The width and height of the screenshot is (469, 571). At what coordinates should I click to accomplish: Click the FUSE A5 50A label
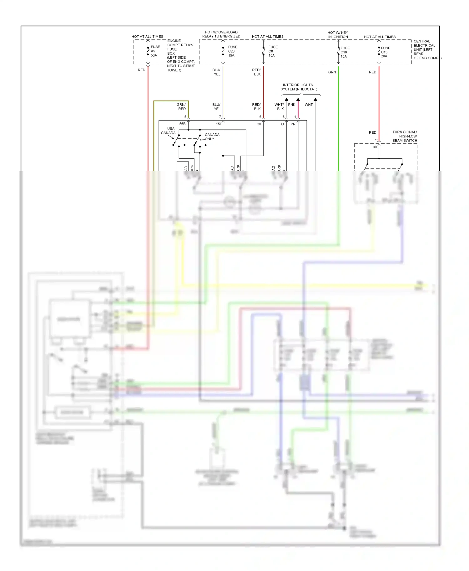pos(155,51)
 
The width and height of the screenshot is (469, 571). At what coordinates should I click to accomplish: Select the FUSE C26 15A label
pos(232,51)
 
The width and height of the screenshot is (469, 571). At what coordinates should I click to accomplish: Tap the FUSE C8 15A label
pos(273,51)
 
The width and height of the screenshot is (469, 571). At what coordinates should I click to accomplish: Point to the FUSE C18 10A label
pos(345,52)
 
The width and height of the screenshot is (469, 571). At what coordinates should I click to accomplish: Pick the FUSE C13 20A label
pos(385,52)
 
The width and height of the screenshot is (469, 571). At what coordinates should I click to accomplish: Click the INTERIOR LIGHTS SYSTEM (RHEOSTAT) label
pos(298,87)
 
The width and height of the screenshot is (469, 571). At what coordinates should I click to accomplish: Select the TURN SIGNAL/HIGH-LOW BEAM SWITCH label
pos(405,136)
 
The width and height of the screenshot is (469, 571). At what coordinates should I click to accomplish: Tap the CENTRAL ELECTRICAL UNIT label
pos(426,50)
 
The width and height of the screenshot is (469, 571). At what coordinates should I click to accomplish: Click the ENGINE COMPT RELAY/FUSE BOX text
pos(180,55)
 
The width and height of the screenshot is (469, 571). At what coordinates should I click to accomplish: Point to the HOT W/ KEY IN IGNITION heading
pos(338,35)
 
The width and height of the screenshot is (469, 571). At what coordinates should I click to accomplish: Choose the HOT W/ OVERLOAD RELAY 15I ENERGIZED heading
pos(221,34)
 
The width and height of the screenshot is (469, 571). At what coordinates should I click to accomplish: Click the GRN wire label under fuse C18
pos(332,72)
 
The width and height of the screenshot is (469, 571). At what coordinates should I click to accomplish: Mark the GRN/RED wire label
pos(182,107)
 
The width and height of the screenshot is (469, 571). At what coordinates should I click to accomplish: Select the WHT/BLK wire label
pos(279,107)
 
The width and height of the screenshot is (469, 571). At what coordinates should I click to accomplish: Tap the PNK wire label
pos(291,105)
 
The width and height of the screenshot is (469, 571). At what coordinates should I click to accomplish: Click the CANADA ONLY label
pos(212,137)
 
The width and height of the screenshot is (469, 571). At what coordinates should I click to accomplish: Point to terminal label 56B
pos(182,124)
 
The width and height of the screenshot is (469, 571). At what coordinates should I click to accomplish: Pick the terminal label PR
pos(293,124)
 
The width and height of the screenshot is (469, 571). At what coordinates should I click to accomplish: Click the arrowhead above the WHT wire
pos(315,99)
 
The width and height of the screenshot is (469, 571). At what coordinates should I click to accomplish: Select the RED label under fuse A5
pos(141,70)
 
